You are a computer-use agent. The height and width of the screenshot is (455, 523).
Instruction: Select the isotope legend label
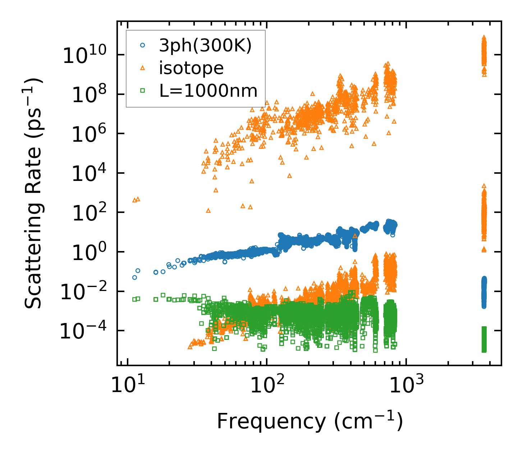(191, 68)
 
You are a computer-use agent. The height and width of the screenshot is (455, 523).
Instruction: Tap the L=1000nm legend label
(208, 91)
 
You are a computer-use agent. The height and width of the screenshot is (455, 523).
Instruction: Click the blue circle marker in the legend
(143, 45)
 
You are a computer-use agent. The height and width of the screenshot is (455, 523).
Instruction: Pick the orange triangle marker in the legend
(143, 68)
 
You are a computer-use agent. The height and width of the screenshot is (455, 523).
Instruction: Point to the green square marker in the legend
(143, 91)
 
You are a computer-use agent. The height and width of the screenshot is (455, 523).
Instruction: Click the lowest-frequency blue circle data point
(134, 277)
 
